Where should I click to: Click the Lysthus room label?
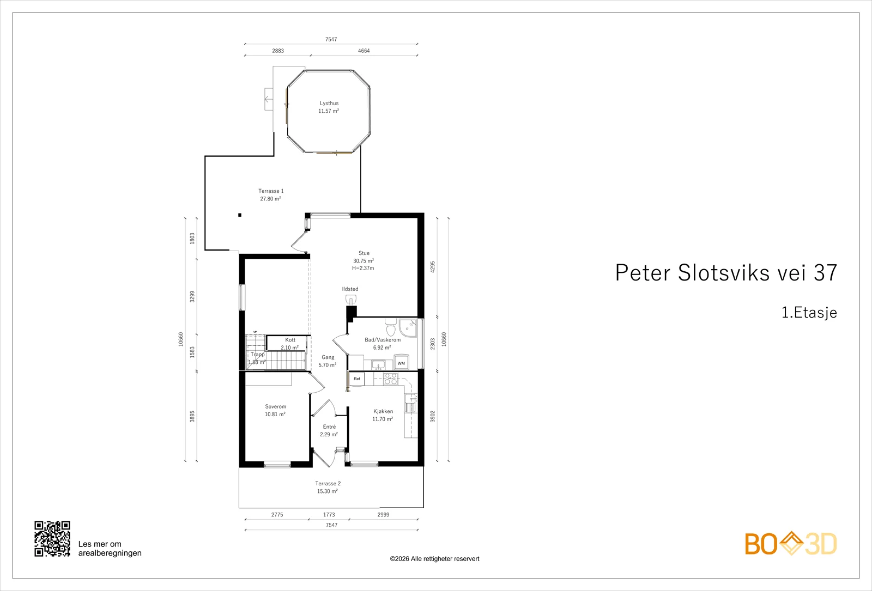[x=329, y=103]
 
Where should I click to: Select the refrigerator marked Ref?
[x=356, y=379]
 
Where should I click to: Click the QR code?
[x=52, y=539]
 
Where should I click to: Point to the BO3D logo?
[x=791, y=544]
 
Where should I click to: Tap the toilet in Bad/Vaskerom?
[x=390, y=327]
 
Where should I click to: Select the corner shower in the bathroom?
[x=408, y=328]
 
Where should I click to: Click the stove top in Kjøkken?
[x=390, y=379]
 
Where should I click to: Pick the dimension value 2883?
[x=278, y=51]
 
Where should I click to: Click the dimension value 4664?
[x=364, y=51]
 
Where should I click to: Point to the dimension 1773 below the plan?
[x=329, y=514]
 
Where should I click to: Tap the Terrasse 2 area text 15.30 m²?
[x=328, y=491]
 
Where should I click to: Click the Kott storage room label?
[x=290, y=340]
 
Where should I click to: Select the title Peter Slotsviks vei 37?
[x=726, y=273]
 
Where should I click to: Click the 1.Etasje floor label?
[x=809, y=313]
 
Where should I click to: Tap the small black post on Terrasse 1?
[x=240, y=215]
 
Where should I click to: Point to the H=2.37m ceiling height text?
[x=363, y=268]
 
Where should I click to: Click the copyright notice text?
[x=434, y=559]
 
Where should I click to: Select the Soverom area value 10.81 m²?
[x=275, y=415]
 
